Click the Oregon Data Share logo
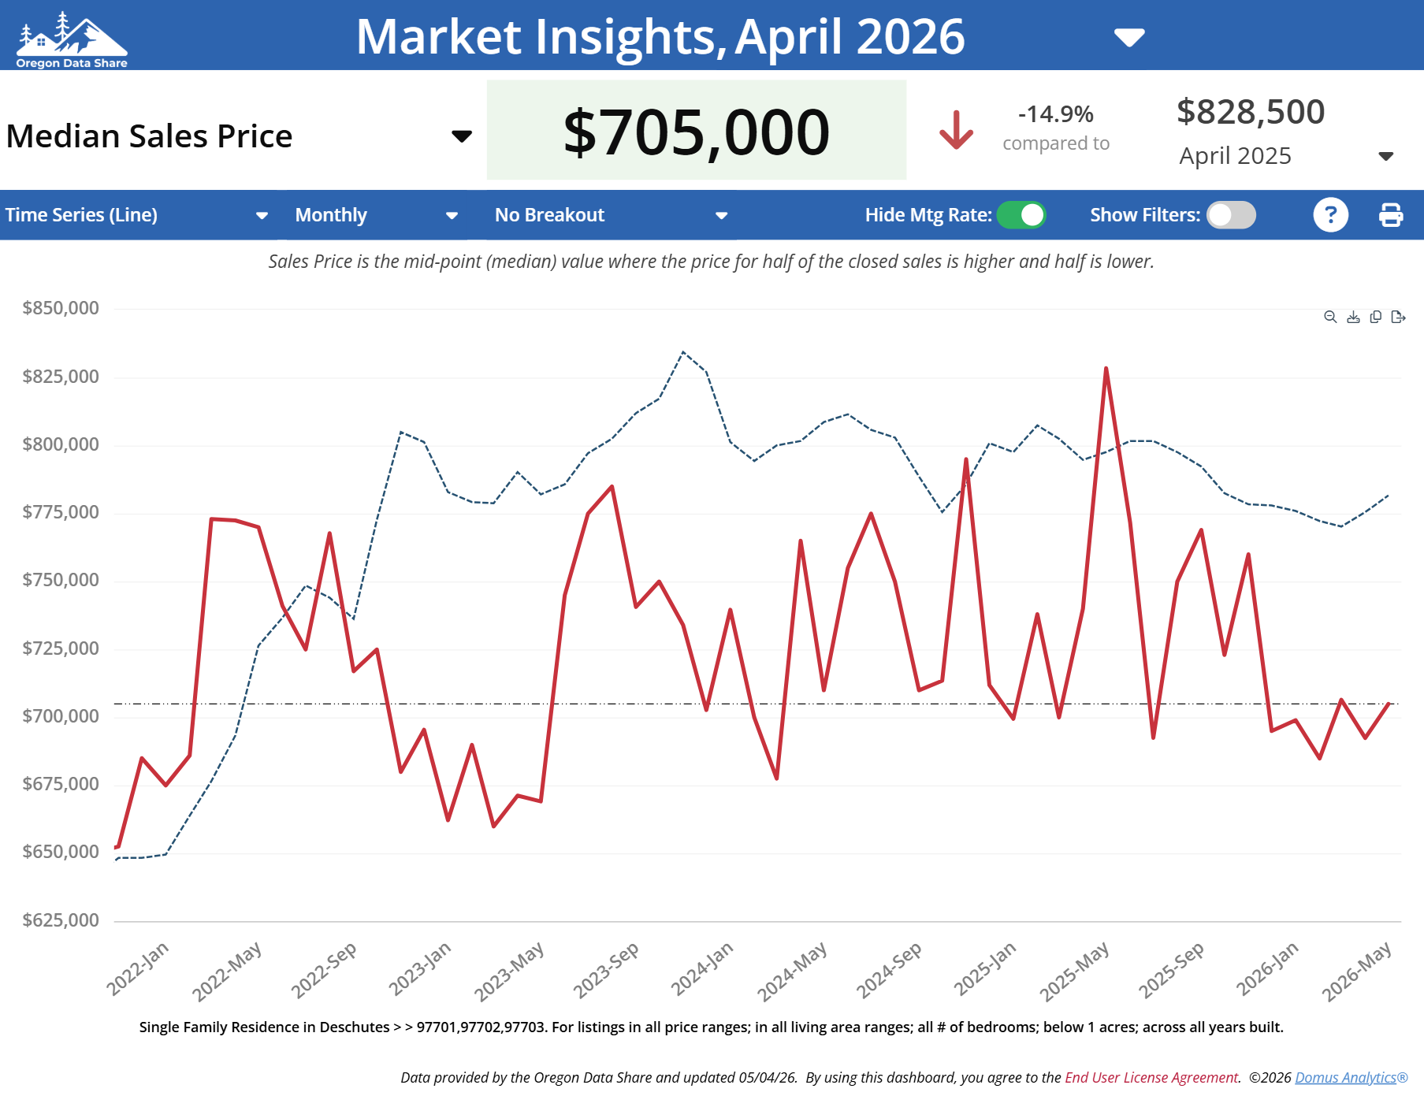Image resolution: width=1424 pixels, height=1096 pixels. click(x=72, y=39)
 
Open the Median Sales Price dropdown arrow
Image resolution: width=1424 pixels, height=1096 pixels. click(x=462, y=136)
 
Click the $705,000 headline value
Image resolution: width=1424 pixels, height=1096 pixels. click(x=697, y=132)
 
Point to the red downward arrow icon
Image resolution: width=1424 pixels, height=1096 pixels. click(x=957, y=130)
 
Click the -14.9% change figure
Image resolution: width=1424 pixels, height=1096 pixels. click(x=1056, y=114)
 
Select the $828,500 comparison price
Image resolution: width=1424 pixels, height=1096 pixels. click(x=1251, y=112)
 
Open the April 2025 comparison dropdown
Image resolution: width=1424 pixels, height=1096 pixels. click(x=1386, y=156)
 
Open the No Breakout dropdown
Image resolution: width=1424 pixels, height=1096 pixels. click(x=611, y=215)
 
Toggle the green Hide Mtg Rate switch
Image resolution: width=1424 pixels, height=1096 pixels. click(x=1021, y=215)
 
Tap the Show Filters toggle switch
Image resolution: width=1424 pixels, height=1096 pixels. click(x=1232, y=215)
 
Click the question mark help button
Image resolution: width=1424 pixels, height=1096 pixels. click(x=1331, y=215)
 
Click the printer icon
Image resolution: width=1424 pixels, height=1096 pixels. click(x=1391, y=215)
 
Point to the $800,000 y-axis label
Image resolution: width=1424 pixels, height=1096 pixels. click(x=61, y=444)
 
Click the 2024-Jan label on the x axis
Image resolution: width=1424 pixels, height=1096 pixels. click(x=702, y=968)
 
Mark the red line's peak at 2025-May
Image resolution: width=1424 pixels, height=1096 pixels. click(x=1106, y=368)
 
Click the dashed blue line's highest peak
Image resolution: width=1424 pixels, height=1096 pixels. click(x=683, y=351)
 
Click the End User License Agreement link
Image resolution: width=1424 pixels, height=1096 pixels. click(x=1152, y=1077)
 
